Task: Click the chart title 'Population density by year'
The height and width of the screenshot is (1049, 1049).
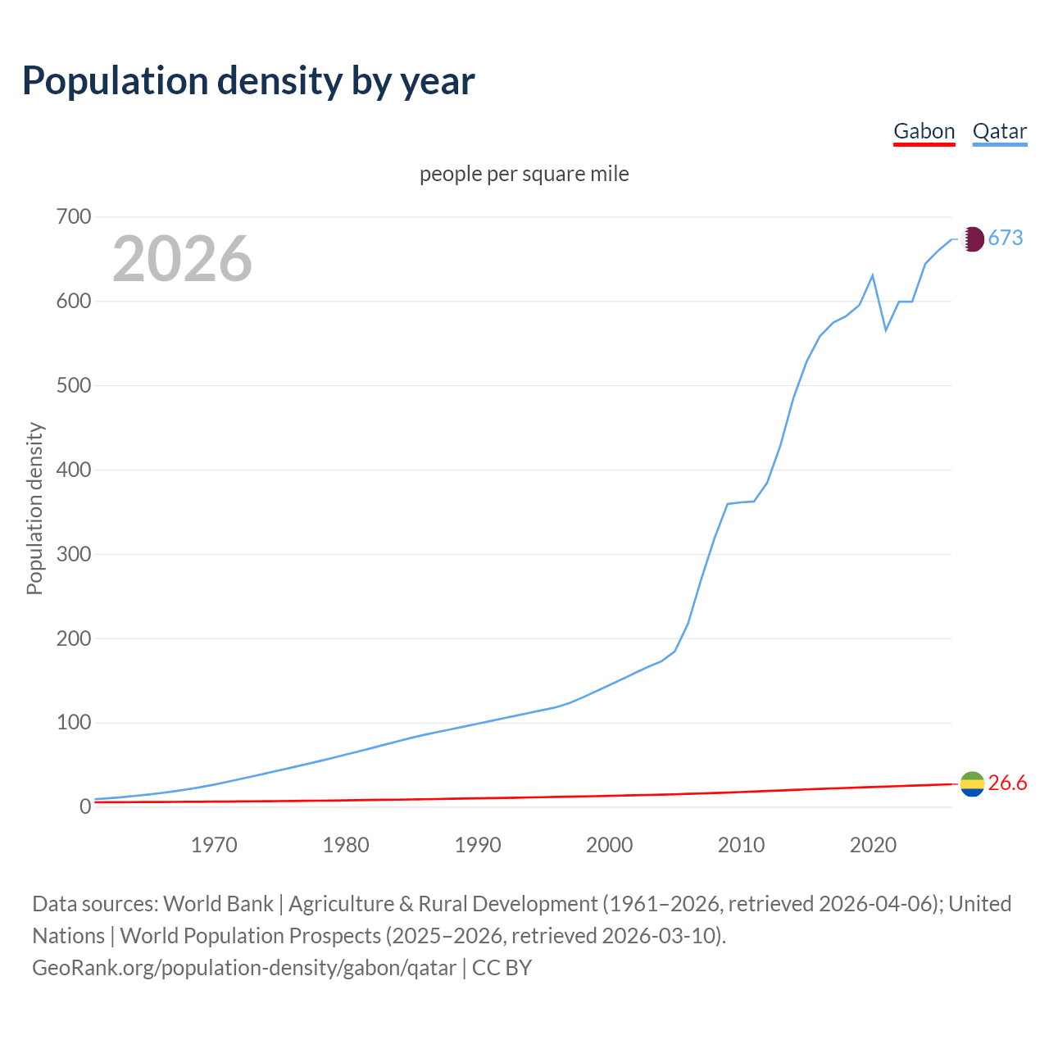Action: coord(248,80)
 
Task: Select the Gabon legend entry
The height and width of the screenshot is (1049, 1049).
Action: coord(924,131)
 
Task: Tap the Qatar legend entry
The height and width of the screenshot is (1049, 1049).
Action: coord(999,131)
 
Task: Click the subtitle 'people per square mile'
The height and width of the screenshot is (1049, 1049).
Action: coord(524,174)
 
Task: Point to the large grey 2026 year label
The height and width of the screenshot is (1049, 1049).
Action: coord(182,259)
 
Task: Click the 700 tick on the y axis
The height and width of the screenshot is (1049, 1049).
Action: coord(73,217)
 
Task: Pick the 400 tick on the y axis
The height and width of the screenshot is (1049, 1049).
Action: coord(73,470)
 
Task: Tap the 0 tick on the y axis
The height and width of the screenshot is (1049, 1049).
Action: coord(85,807)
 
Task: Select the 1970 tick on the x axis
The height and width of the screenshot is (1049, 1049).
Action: coord(214,845)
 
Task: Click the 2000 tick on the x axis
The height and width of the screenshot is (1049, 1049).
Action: coord(609,845)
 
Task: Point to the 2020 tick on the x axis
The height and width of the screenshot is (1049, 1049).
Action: coord(873,845)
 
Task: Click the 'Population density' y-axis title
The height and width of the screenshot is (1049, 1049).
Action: coord(34,508)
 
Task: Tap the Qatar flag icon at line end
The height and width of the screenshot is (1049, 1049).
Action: coord(972,239)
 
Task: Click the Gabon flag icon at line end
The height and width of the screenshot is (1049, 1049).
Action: coord(972,784)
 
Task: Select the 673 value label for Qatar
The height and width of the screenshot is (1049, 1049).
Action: coord(1006,238)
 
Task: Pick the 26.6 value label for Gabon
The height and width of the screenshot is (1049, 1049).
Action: coord(1007,783)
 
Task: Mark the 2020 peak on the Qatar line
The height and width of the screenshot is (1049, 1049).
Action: coord(873,275)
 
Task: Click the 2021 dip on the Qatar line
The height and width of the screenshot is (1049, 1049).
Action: coord(886,330)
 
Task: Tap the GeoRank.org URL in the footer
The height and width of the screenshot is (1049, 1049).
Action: coord(244,968)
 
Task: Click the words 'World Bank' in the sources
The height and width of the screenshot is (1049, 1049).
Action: coord(218,904)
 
